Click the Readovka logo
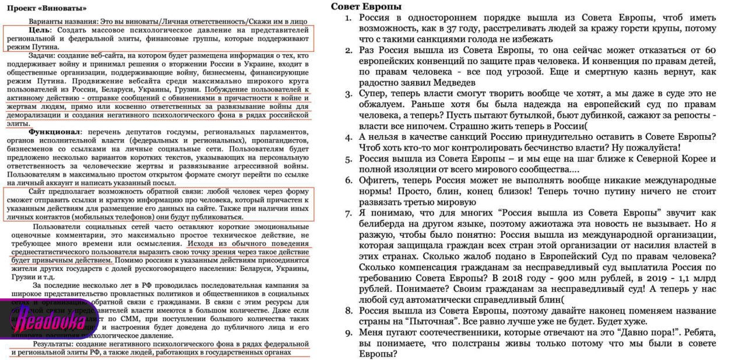43,320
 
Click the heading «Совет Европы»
366,7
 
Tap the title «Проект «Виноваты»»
50,8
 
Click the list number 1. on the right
348,18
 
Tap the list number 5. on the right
348,158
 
